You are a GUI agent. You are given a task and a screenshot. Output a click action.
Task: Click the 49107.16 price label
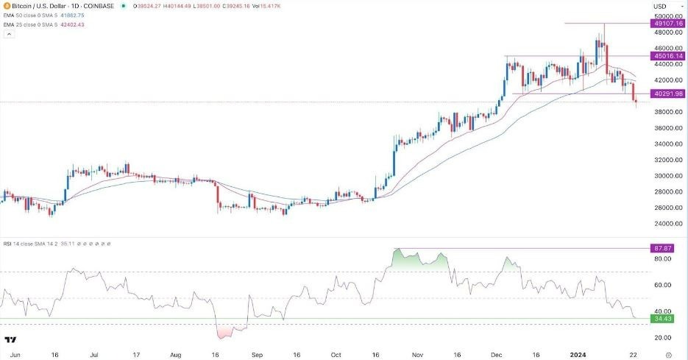[667, 24]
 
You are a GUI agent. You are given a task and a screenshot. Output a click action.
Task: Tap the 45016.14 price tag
[667, 56]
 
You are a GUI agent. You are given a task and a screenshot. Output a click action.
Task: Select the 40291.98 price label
[667, 93]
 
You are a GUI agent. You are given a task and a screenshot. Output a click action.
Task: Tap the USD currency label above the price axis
[659, 7]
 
